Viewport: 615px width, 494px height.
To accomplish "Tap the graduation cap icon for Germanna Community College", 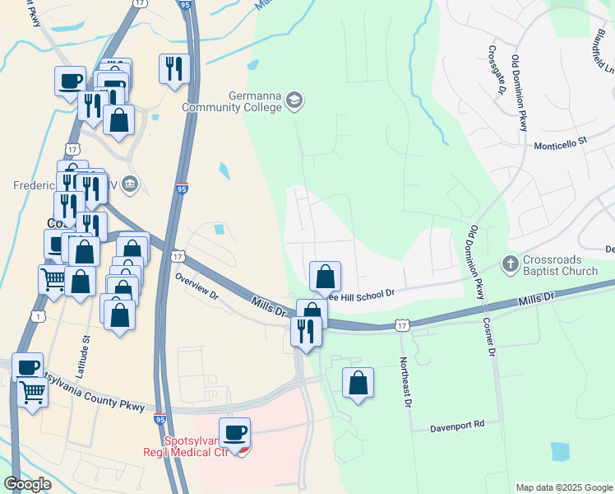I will click(x=294, y=101).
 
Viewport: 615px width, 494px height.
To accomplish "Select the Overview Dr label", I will click(x=197, y=285).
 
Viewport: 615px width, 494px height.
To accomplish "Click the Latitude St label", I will click(x=86, y=350).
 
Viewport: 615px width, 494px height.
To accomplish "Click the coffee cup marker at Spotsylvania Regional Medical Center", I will click(x=235, y=433).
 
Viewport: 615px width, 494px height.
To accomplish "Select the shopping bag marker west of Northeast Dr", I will click(x=358, y=384).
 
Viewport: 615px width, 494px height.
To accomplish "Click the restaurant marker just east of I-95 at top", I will click(x=174, y=68).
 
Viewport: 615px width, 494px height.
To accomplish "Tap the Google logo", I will click(x=28, y=484).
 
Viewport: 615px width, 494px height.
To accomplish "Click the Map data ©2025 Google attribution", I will click(x=563, y=487).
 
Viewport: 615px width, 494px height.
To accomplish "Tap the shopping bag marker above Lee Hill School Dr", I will click(x=326, y=275).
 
